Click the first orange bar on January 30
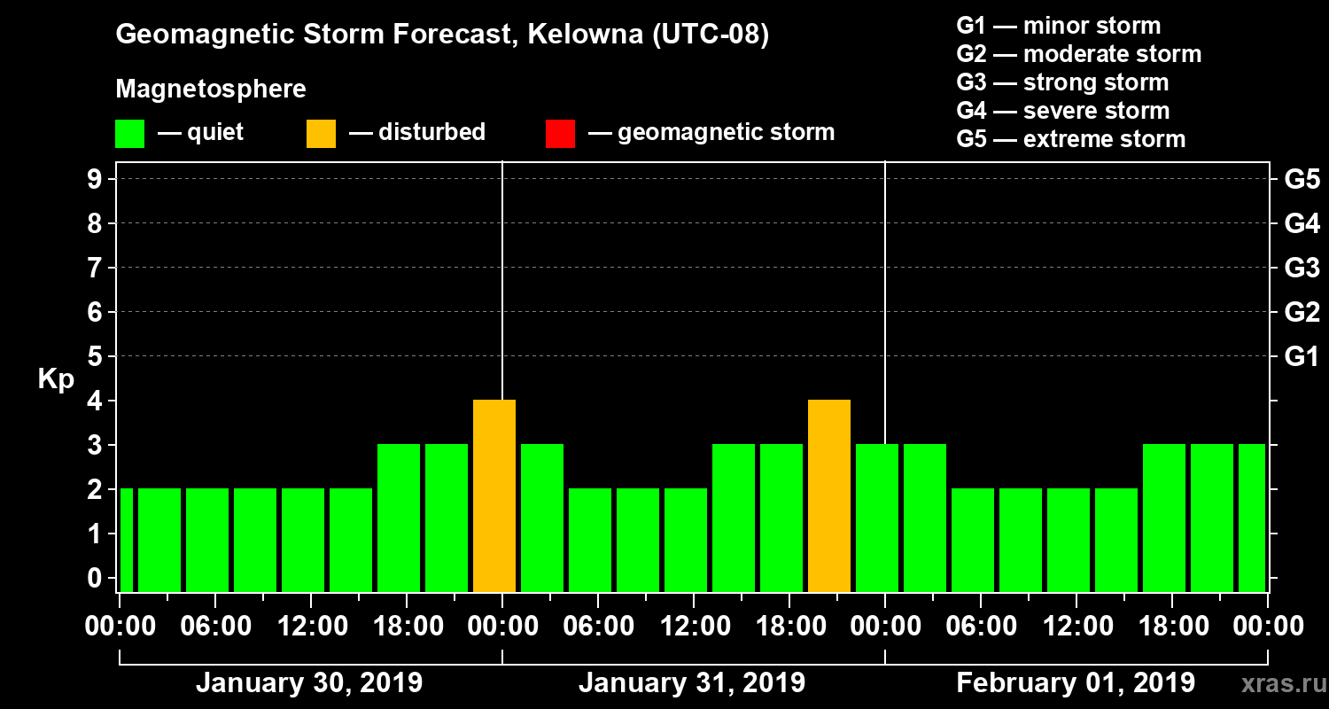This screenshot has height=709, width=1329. (494, 496)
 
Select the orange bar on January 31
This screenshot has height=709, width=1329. (829, 496)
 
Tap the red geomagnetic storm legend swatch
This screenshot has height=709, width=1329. (560, 133)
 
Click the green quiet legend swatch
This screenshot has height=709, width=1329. (129, 133)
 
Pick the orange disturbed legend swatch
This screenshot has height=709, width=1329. (321, 133)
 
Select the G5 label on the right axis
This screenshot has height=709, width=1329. (1302, 180)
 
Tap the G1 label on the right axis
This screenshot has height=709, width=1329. (1302, 357)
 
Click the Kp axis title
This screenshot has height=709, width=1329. (56, 379)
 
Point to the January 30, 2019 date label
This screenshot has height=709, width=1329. (309, 683)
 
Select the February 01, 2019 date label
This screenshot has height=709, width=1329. (1076, 683)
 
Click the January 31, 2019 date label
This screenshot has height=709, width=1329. (692, 683)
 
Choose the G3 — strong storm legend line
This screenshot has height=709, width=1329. (1062, 82)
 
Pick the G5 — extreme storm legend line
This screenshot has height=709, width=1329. (1070, 139)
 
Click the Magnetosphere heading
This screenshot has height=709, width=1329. (211, 90)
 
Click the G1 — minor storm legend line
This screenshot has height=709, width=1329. (1058, 26)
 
